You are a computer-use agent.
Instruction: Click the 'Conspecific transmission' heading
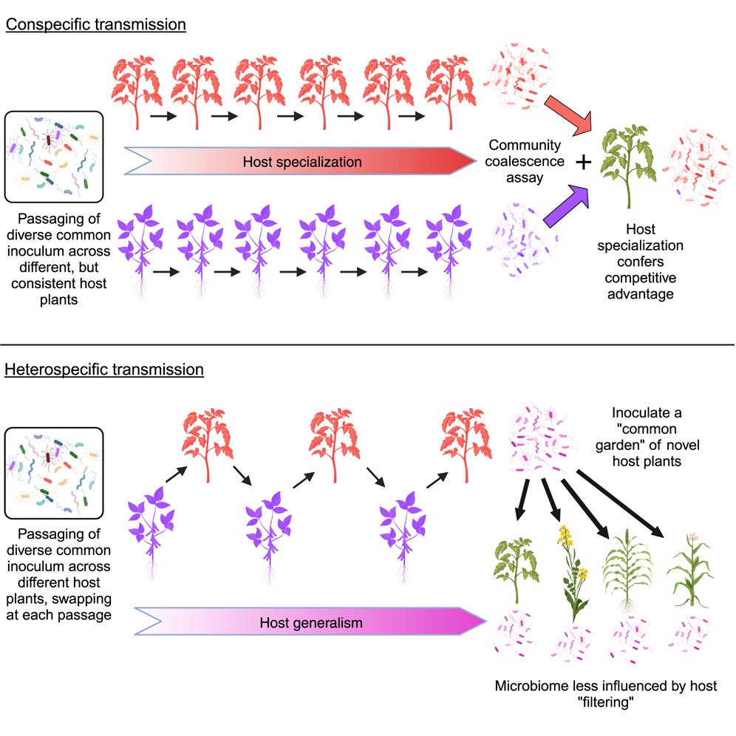[x=95, y=24]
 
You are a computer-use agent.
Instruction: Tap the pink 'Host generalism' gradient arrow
[x=310, y=622]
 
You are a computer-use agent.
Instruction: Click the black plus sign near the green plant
[x=584, y=163]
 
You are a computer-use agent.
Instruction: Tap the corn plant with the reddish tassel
[x=688, y=569]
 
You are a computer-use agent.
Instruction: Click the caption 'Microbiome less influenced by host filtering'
[x=606, y=695]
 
